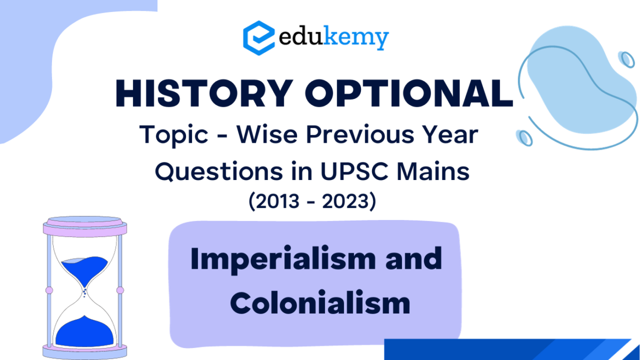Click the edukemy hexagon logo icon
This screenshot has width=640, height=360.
point(259,38)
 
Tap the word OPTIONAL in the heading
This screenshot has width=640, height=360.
point(409,94)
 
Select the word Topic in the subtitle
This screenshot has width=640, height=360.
point(174,135)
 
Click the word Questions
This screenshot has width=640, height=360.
point(218,172)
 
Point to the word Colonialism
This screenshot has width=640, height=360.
point(320,303)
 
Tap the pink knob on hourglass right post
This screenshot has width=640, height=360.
point(120,290)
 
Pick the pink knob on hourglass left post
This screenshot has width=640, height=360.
point(49,290)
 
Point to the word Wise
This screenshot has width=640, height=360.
point(267,134)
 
